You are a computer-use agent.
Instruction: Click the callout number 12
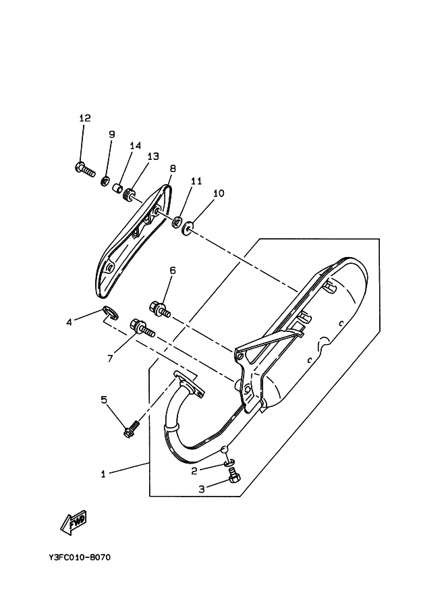pos(85,118)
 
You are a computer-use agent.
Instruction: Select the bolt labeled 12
pos(85,170)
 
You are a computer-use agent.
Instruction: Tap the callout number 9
pos(111,134)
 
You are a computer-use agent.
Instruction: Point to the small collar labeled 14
pos(116,188)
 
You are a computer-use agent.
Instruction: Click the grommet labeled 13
pos(128,194)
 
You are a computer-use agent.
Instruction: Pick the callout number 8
pos(173,169)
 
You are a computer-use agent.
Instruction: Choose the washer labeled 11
pos(177,223)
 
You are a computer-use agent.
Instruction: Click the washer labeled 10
pos(187,228)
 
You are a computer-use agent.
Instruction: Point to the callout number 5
pos(104,399)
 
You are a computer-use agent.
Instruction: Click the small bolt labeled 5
pos(132,429)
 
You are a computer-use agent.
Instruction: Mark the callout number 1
pos(103,474)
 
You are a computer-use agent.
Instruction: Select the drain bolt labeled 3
pos(234,476)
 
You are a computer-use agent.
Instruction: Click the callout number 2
pos(194,471)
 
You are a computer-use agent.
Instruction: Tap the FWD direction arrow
pos(74,524)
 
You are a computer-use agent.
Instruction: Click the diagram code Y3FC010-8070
pos(80,557)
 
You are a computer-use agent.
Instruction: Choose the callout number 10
pos(219,193)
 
